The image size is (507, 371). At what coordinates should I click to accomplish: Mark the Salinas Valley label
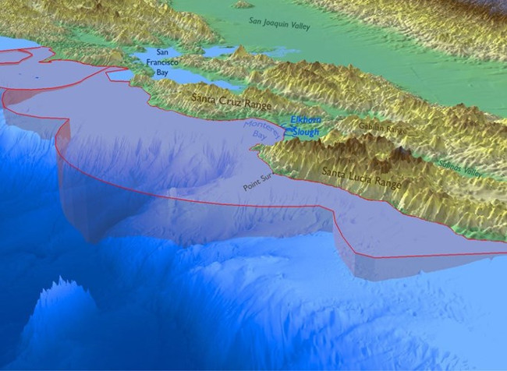(x=455, y=163)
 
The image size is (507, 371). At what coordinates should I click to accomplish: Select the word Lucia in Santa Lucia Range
(x=361, y=177)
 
